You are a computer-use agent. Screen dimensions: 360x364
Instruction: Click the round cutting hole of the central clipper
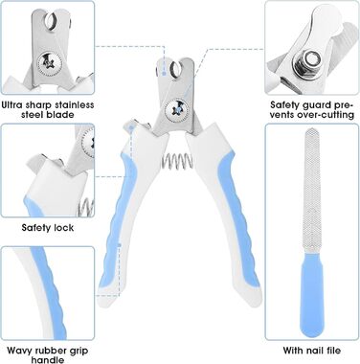(x=175, y=69)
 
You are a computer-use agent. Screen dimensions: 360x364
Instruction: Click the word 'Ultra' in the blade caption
(x=14, y=104)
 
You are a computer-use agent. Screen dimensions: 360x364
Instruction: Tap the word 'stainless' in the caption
(x=74, y=104)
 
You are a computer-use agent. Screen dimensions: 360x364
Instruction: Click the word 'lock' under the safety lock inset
(x=64, y=228)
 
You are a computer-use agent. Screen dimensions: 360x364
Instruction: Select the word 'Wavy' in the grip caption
(x=19, y=351)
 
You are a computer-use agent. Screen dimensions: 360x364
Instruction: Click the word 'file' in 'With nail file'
(x=333, y=351)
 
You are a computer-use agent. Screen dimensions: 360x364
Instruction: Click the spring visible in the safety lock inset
(x=86, y=207)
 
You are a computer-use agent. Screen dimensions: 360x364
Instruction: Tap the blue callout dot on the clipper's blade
(x=164, y=74)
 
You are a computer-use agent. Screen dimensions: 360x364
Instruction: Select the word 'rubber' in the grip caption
(x=51, y=351)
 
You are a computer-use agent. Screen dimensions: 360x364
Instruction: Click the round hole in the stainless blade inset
(x=51, y=21)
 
